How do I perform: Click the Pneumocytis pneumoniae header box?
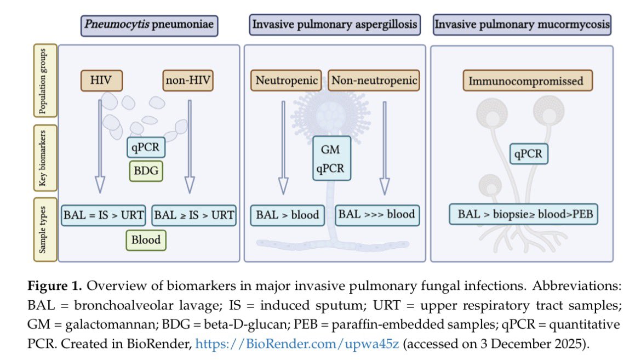(150, 25)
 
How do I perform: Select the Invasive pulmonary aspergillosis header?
(335, 25)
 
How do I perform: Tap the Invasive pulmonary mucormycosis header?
(521, 25)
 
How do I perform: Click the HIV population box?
(101, 81)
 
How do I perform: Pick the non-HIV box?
(187, 81)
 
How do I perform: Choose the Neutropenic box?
(287, 81)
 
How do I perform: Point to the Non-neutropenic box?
(374, 81)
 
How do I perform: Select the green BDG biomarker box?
(146, 171)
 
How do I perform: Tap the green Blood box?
(146, 239)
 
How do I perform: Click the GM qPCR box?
(329, 158)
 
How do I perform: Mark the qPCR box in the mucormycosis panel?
(528, 154)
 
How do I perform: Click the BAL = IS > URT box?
(104, 214)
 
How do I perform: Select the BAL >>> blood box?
(377, 214)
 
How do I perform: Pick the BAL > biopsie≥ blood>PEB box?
(523, 214)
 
